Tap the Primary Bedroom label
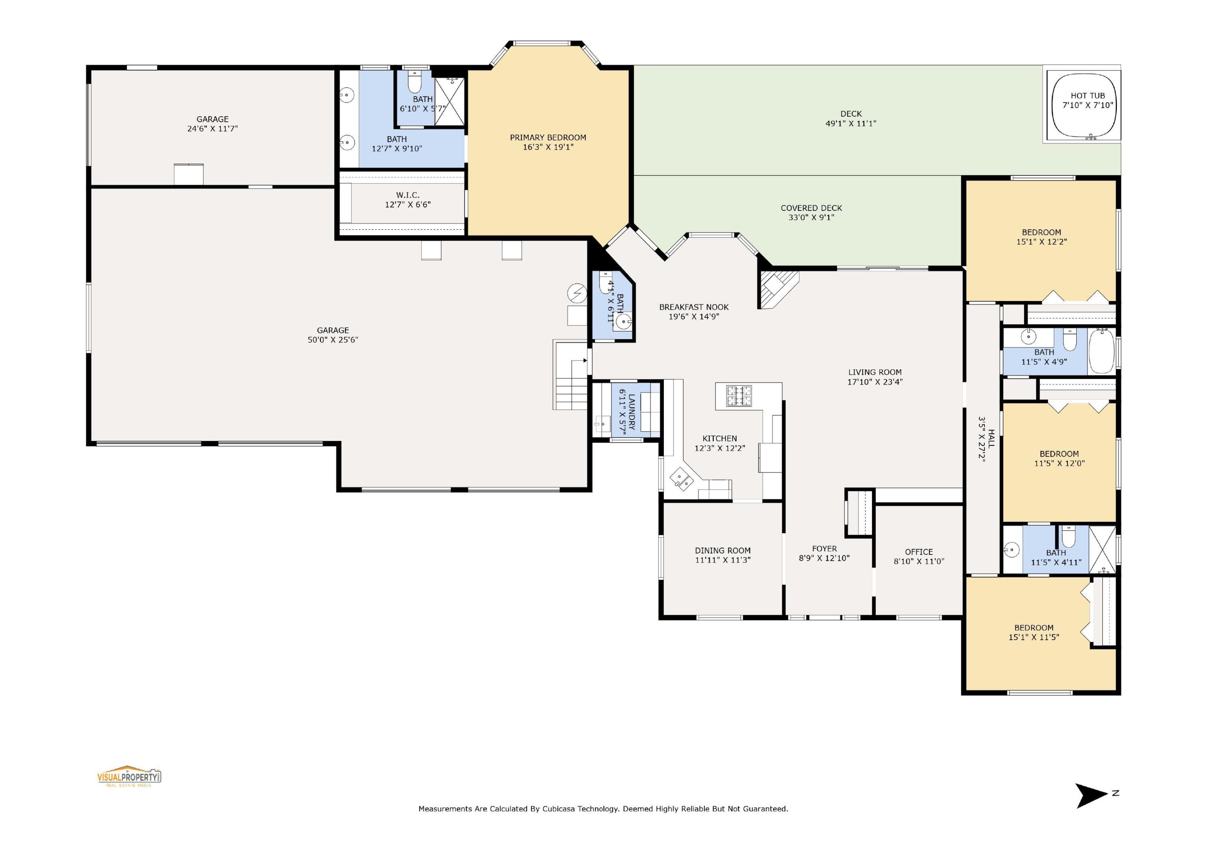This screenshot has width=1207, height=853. click(x=548, y=138)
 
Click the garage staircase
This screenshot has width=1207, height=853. click(x=571, y=383)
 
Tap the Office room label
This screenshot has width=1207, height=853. click(x=919, y=552)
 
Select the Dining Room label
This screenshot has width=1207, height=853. click(x=722, y=551)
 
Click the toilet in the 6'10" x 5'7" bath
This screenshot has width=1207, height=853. click(x=415, y=84)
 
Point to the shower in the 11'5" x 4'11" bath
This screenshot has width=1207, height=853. click(x=1102, y=549)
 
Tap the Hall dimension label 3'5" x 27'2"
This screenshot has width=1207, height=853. click(x=981, y=439)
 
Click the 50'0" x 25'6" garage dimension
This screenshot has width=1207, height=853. click(x=333, y=340)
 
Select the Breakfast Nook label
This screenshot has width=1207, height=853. click(x=694, y=307)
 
